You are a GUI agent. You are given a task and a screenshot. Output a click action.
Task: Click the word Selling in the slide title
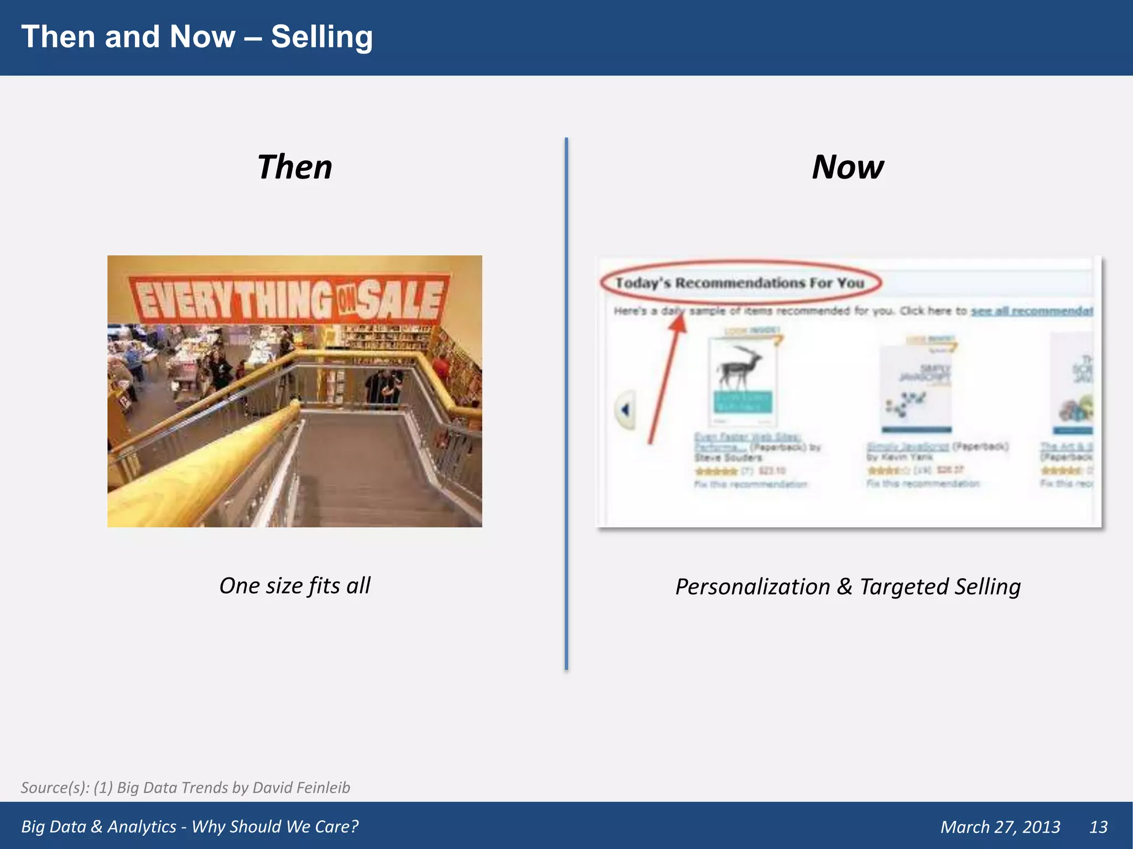click(x=321, y=38)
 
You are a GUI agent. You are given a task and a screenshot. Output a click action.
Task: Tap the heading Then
click(x=294, y=167)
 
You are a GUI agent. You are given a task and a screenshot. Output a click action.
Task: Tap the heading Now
click(x=848, y=167)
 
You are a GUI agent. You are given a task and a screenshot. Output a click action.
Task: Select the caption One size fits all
click(x=294, y=586)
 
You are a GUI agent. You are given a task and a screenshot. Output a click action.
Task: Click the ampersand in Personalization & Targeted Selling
click(x=844, y=587)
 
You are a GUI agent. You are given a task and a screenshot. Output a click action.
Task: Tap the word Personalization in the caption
click(x=752, y=587)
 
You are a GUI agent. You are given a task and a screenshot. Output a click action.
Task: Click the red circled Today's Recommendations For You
click(x=740, y=283)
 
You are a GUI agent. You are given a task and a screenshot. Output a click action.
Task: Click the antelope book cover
click(x=742, y=381)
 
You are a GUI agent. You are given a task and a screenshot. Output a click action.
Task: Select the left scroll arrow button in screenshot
click(x=625, y=410)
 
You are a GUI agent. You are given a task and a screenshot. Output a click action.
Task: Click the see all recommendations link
click(x=1032, y=311)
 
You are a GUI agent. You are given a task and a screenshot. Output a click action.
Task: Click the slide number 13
click(x=1098, y=827)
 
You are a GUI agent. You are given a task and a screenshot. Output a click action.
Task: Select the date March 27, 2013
click(x=1000, y=827)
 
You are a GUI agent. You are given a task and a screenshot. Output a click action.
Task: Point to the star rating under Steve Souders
click(x=716, y=471)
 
